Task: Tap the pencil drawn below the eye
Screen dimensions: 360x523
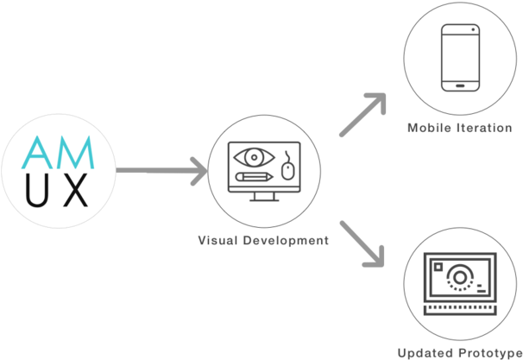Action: [x=251, y=177]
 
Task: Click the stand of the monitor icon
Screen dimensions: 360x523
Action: [x=264, y=202]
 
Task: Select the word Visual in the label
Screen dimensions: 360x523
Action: [x=219, y=241]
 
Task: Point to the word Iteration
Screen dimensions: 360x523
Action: [x=486, y=128]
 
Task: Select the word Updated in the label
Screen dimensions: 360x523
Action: [x=425, y=352]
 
